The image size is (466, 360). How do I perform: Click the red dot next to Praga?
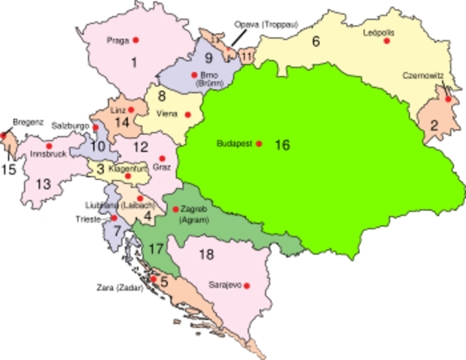coord(136,39)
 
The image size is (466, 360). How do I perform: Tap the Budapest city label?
coord(234,143)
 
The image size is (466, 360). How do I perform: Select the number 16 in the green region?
coord(282,145)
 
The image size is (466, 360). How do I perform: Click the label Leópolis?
coord(378,33)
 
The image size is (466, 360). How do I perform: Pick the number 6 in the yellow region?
coord(315,42)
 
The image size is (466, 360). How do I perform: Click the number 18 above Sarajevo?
coord(207,254)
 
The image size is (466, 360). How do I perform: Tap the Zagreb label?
coord(192,211)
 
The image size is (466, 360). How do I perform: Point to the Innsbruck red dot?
coord(49,145)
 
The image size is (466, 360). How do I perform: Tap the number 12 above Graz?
coord(142,148)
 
